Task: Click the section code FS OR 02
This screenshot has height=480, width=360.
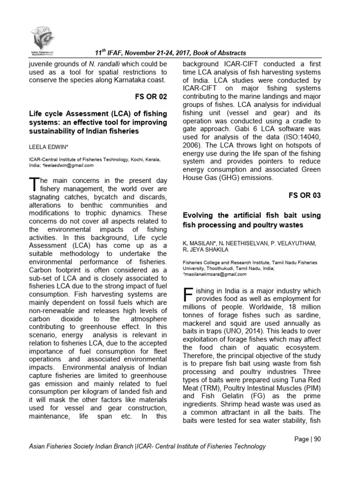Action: pos(150,97)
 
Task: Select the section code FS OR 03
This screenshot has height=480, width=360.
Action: pos(304,195)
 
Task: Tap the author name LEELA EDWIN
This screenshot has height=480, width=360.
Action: pos(49,147)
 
